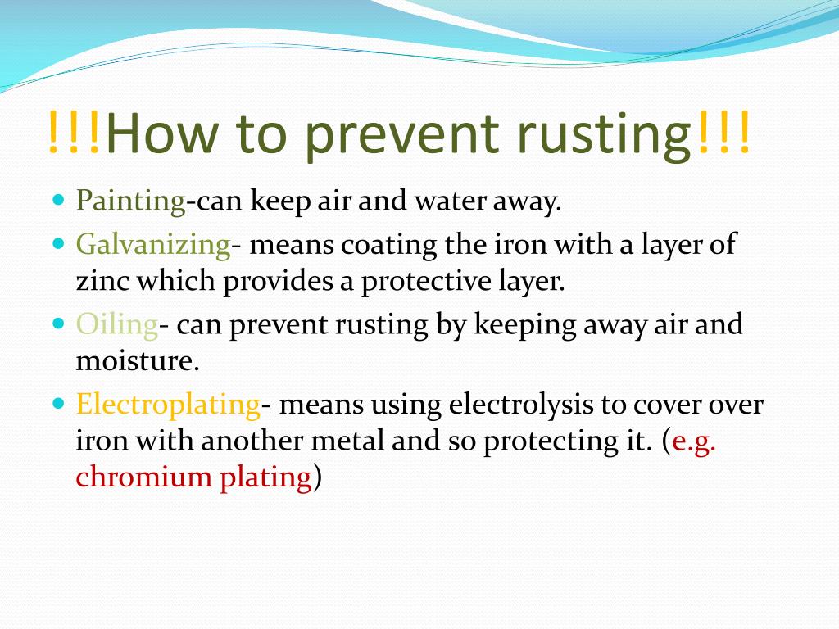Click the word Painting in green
pos(130,201)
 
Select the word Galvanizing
pos(153,244)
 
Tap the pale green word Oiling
pos(117,325)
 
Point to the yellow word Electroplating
pos(168,405)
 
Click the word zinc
pos(103,282)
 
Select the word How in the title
pos(162,134)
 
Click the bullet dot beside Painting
pos(58,200)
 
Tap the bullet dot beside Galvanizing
pos(58,243)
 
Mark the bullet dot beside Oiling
pos(58,324)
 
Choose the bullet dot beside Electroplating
pos(58,403)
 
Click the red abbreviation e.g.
pos(693,442)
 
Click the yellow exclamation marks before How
pos(75,133)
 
